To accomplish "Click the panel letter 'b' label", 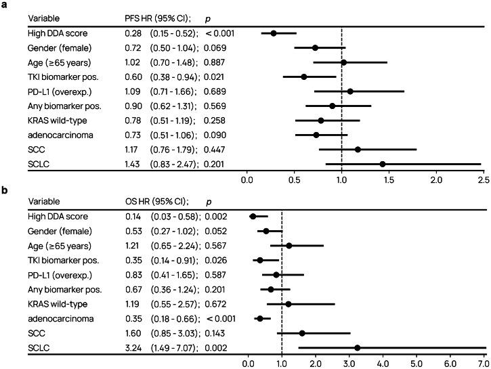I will [5, 190].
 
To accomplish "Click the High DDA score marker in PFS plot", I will [274, 32].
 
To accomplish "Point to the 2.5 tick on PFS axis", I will [483, 179].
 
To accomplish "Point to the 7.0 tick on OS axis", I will [483, 362].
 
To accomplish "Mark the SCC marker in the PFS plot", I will [358, 149].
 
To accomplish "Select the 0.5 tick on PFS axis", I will [294, 179].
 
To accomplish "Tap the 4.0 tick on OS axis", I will [383, 362].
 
